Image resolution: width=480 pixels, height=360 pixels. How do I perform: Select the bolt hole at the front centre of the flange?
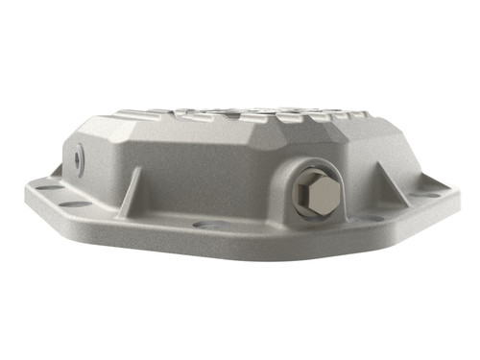tap(204, 226)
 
